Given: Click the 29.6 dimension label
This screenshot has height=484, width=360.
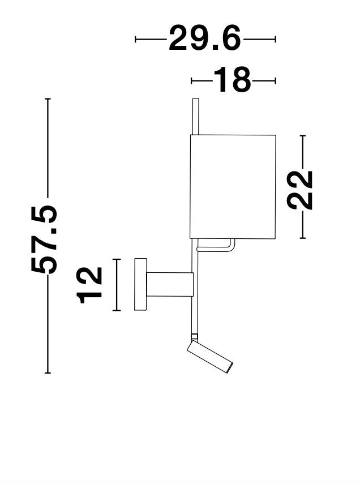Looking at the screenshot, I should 205,39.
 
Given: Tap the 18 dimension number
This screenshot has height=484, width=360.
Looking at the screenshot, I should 232,81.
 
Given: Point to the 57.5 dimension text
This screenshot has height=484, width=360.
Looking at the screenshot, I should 45,238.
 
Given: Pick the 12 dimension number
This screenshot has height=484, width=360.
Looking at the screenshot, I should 91,284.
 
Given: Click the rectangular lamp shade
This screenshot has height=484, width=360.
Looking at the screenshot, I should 233,186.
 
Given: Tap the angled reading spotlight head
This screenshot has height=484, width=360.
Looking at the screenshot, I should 210,358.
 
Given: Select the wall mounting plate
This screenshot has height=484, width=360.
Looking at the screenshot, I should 140,284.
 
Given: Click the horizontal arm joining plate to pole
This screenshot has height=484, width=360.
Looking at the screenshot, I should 170,284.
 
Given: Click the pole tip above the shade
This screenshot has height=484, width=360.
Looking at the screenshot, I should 195,116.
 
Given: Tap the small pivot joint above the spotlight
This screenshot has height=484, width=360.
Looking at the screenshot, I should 194,338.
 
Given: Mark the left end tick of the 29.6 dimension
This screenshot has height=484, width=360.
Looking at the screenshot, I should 136,39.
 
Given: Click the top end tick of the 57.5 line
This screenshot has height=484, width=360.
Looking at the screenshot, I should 48,99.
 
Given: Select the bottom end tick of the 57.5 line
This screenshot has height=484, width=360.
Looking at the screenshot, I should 48,373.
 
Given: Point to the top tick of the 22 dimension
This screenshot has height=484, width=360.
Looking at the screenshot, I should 303,136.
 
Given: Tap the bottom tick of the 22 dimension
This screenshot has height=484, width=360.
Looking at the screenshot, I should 303,238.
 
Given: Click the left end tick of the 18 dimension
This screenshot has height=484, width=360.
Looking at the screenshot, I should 192,81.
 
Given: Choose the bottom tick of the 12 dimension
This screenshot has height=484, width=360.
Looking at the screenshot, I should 117,310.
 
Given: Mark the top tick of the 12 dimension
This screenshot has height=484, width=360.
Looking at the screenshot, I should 117,259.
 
